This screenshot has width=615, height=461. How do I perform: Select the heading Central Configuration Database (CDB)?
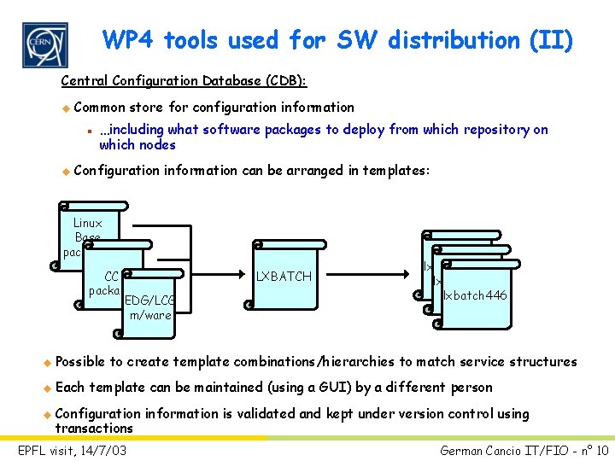[x=184, y=81]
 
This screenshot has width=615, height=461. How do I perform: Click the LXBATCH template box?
[x=285, y=276]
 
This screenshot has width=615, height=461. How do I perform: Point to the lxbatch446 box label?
[x=475, y=295]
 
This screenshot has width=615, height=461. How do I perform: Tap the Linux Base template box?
[x=88, y=230]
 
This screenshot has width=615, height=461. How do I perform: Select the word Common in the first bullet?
[x=100, y=108]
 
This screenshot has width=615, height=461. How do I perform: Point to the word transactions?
[x=94, y=428]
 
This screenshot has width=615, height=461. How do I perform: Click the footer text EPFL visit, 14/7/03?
[x=72, y=449]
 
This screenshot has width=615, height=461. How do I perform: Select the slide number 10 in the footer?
[x=601, y=450]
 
